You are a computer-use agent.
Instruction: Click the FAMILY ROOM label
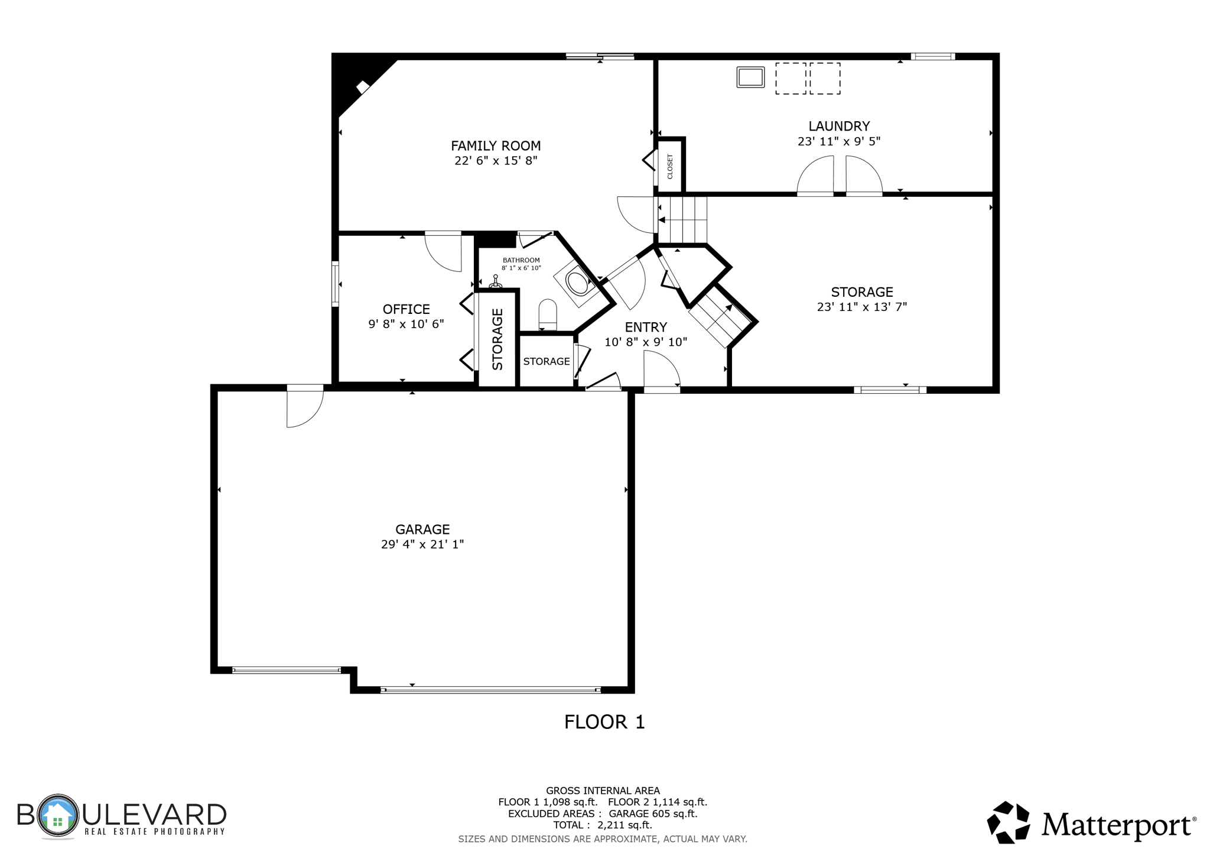tap(496, 145)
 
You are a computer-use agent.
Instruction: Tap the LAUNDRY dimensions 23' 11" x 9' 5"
tap(838, 141)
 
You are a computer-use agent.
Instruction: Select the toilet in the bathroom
tap(548, 314)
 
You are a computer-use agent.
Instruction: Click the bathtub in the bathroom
tap(578, 283)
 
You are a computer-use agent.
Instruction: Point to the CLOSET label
tap(670, 166)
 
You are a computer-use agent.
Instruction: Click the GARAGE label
tap(422, 529)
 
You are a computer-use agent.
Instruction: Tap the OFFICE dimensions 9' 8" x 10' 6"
tap(406, 324)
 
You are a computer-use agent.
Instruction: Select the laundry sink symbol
tap(750, 77)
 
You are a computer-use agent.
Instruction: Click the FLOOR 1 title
tap(604, 722)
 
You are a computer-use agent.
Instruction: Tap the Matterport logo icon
tap(1009, 822)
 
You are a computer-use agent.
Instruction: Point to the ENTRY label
tap(646, 327)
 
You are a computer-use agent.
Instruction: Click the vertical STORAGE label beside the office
tap(497, 339)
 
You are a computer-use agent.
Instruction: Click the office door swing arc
tap(443, 253)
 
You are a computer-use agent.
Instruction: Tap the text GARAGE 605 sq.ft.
tap(653, 813)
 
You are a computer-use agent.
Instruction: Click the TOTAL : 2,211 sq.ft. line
tap(602, 825)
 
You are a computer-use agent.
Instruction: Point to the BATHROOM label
tap(521, 260)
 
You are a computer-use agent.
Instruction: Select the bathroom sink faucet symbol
tap(496, 282)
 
